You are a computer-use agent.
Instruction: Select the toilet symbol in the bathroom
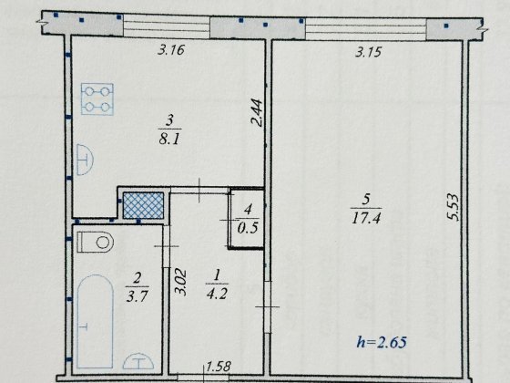pyautogui.click(x=96, y=243)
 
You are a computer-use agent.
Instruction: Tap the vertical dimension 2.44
pyautogui.click(x=258, y=117)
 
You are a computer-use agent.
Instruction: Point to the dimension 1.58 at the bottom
pyautogui.click(x=219, y=367)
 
